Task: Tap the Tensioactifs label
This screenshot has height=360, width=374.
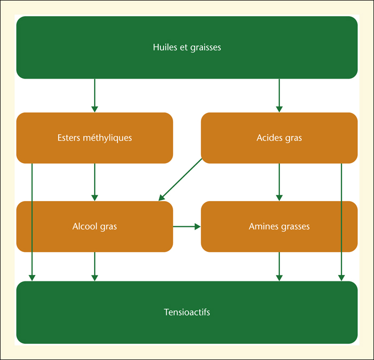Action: click(x=187, y=312)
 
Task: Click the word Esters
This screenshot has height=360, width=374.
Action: click(x=69, y=138)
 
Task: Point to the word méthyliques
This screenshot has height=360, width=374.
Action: click(x=107, y=138)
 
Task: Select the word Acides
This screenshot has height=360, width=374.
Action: click(x=269, y=138)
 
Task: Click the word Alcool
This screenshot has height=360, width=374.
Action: click(x=85, y=226)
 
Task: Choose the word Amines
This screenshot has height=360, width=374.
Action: click(x=264, y=226)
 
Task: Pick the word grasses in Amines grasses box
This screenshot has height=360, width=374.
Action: click(x=295, y=227)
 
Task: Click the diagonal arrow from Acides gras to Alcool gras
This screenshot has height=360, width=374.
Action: click(x=181, y=180)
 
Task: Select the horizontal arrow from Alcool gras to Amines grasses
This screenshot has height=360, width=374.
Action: click(x=187, y=227)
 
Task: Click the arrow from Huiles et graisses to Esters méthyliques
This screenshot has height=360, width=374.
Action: click(x=95, y=96)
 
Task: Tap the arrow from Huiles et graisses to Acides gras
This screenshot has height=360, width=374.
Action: click(x=279, y=96)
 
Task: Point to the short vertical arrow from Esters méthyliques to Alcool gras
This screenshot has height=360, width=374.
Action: click(x=95, y=182)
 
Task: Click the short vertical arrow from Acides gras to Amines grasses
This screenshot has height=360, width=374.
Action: click(x=279, y=182)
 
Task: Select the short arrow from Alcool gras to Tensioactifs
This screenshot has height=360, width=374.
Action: click(x=95, y=266)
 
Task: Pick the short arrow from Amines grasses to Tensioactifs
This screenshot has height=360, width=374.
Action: click(x=279, y=266)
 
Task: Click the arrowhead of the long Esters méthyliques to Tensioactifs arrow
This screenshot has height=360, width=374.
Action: click(x=32, y=278)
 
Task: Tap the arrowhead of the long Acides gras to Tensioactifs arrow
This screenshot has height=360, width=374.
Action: click(x=341, y=278)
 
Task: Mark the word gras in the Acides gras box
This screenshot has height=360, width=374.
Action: click(x=294, y=138)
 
